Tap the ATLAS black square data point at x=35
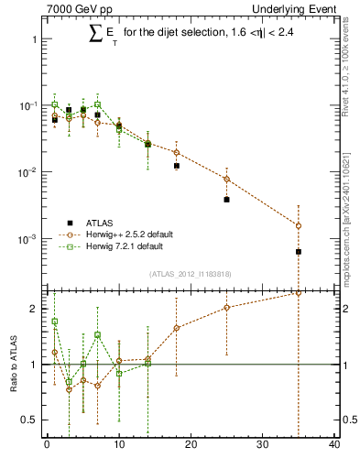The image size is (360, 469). click(x=299, y=251)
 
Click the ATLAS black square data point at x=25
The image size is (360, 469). click(x=226, y=199)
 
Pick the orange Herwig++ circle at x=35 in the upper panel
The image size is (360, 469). click(x=299, y=225)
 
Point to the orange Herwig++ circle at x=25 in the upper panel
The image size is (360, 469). click(x=226, y=179)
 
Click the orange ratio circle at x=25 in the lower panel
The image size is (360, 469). click(x=226, y=308)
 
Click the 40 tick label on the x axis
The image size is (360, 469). click(x=334, y=446)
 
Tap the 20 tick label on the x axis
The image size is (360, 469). click(x=191, y=446)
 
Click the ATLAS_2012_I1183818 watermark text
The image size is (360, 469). click(x=189, y=274)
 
